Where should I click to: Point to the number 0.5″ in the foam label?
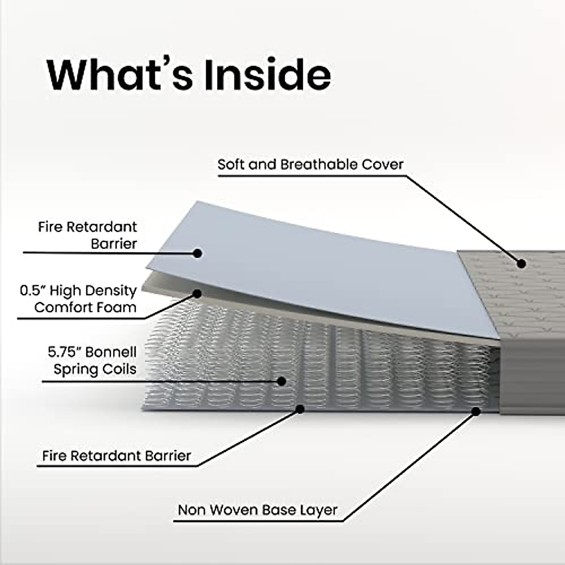[32, 291]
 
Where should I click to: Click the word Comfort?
[65, 307]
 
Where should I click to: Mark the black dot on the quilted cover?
[521, 263]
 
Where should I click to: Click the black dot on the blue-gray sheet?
[198, 253]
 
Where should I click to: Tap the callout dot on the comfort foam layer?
[197, 294]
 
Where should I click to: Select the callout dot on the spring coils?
[282, 381]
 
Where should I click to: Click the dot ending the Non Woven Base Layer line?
[476, 411]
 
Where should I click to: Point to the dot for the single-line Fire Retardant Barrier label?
[299, 409]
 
